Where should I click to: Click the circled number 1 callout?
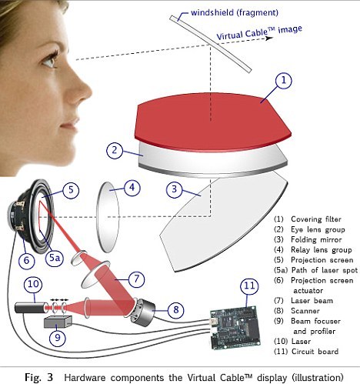284,81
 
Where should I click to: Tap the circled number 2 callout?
115,150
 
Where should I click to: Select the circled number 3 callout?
175,189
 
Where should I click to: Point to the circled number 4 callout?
132,188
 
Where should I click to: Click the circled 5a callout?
55,258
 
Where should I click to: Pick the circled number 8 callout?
176,309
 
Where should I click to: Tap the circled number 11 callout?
249,286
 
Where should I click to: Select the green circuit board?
235,328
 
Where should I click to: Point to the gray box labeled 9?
58,322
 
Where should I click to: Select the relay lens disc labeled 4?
108,217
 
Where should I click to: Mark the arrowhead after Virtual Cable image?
269,38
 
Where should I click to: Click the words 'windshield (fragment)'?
235,12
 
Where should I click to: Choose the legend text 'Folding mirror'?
316,239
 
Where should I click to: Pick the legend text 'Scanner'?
305,311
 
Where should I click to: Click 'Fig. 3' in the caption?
38,377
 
